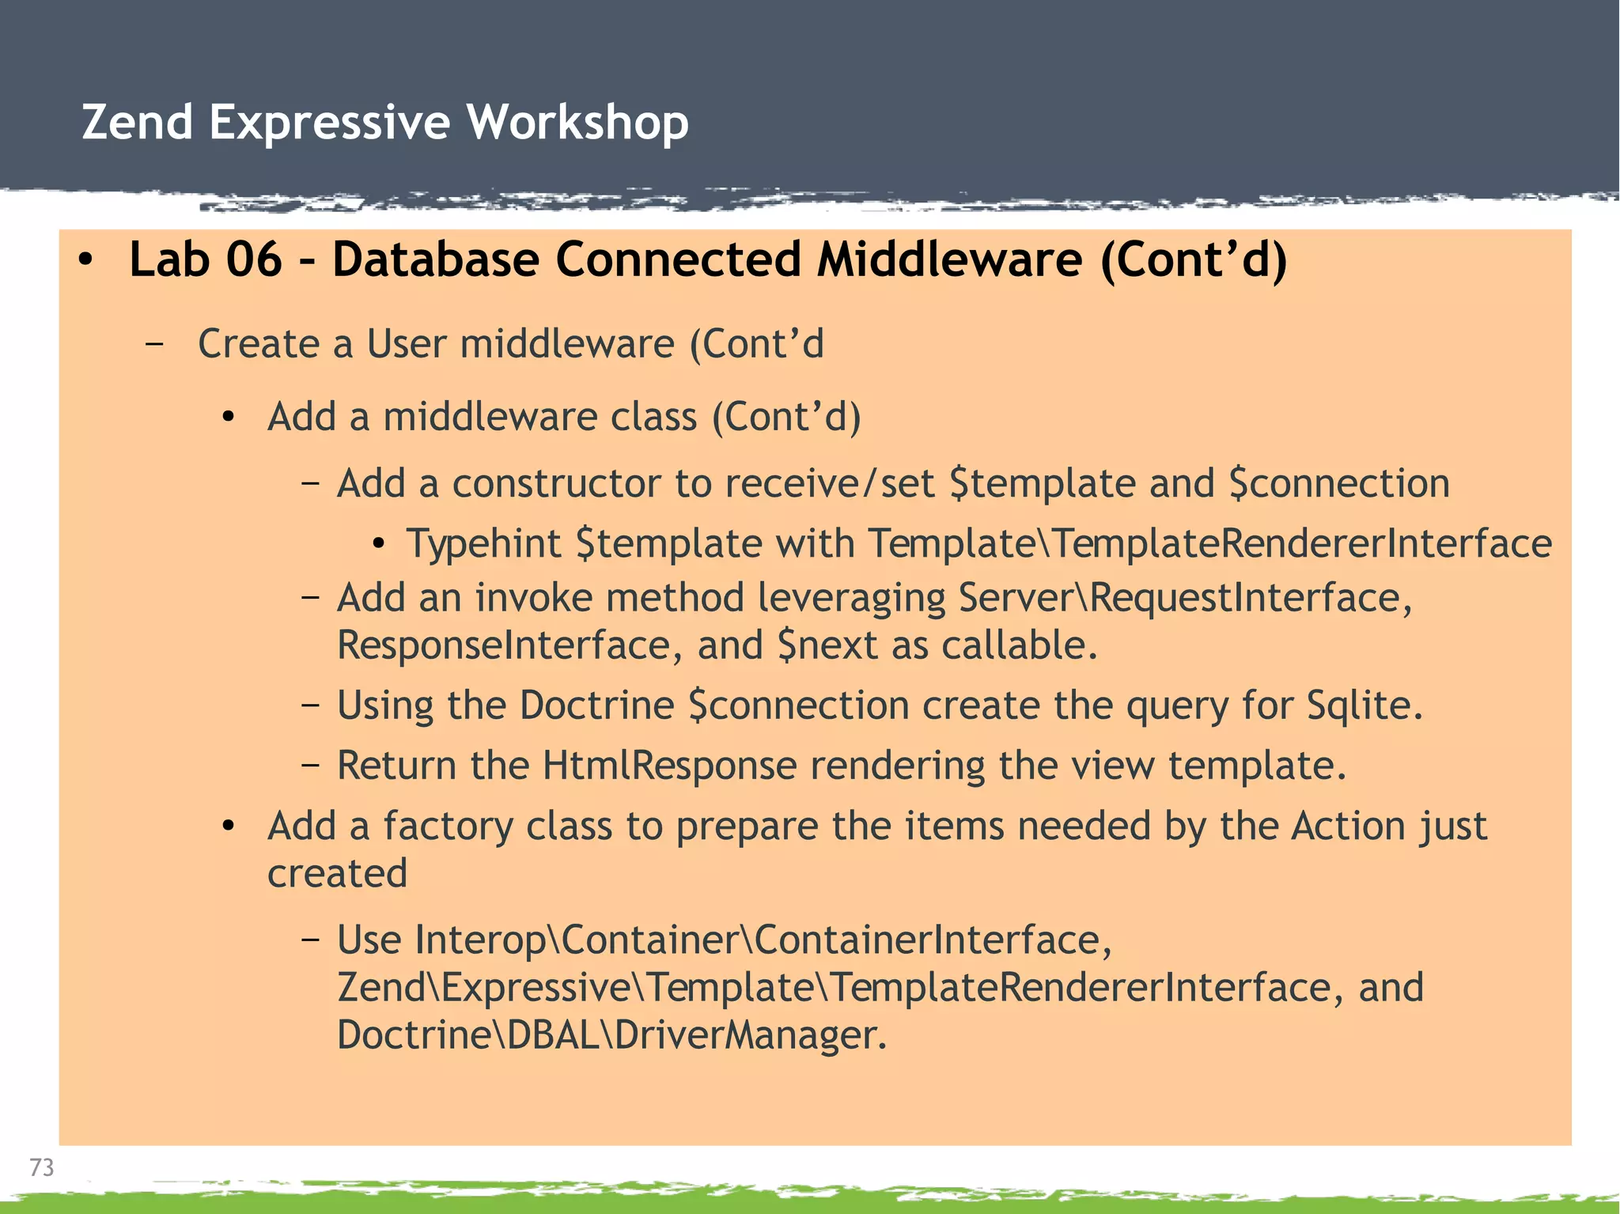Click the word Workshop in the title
tap(577, 123)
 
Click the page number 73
tap(41, 1167)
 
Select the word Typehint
tap(483, 543)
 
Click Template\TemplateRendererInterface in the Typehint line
tap(1209, 543)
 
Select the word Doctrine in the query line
tap(596, 705)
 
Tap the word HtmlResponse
tap(669, 766)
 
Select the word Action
tap(1348, 826)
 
